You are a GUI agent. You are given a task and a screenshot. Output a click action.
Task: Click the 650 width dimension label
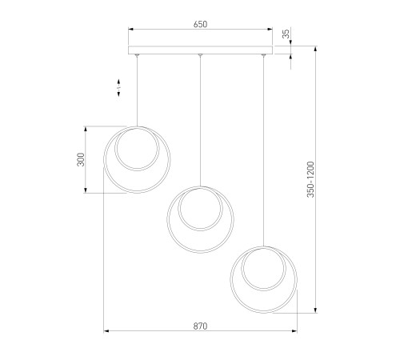tap(200, 24)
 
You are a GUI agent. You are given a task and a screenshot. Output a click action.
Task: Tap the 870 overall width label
tap(200, 326)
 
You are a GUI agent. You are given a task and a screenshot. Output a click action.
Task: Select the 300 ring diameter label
tap(81, 159)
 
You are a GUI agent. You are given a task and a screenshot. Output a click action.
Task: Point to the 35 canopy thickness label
tap(286, 34)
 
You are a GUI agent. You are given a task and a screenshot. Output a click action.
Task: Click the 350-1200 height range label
tap(310, 179)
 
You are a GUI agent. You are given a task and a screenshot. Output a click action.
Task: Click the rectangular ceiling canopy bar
tap(201, 50)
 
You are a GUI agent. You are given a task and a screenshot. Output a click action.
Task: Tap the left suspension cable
tap(137, 91)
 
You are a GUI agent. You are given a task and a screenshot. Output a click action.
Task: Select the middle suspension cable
tap(200, 121)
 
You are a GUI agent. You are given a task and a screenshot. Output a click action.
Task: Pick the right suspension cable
tap(263, 151)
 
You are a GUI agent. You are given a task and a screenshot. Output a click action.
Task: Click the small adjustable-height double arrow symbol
tap(118, 87)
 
